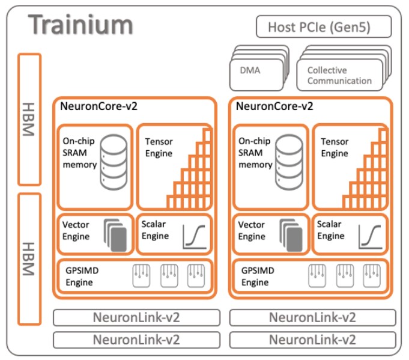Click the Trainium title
pyautogui.click(x=80, y=25)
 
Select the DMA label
pyautogui.click(x=250, y=70)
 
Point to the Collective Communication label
pyautogui.click(x=339, y=76)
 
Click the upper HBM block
pyautogui.click(x=29, y=120)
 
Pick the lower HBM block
pyautogui.click(x=29, y=259)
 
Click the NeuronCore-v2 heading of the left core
pyautogui.click(x=98, y=106)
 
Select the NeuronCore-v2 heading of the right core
pyautogui.click(x=274, y=106)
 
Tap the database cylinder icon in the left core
pyautogui.click(x=114, y=162)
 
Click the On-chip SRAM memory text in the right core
pyautogui.click(x=255, y=153)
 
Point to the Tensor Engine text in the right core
pyautogui.click(x=335, y=147)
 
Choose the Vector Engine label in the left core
pyautogui.click(x=76, y=231)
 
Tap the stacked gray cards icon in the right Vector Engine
pyautogui.click(x=291, y=235)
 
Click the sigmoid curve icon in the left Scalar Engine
pyautogui.click(x=195, y=237)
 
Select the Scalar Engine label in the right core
pyautogui.click(x=331, y=230)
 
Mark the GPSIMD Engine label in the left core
pyautogui.click(x=82, y=276)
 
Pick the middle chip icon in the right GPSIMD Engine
pyautogui.click(x=345, y=276)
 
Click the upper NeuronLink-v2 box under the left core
pyautogui.click(x=137, y=318)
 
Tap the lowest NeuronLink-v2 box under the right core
pyautogui.click(x=313, y=340)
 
